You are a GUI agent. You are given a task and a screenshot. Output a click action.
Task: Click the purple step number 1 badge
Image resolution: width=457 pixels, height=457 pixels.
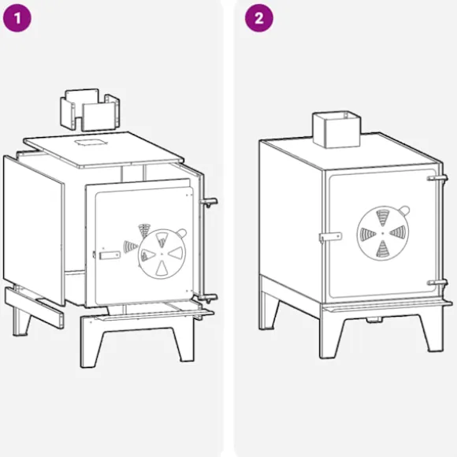[x=17, y=18]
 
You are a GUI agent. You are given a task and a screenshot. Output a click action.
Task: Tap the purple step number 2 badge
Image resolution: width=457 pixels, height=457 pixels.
[x=258, y=18]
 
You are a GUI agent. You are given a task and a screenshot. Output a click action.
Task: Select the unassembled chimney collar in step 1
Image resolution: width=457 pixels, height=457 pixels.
[x=90, y=110]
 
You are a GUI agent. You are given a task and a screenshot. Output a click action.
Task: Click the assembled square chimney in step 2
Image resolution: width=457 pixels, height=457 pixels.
[x=336, y=129]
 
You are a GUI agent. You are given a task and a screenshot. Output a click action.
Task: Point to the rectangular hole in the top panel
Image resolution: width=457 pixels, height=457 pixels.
[x=91, y=143]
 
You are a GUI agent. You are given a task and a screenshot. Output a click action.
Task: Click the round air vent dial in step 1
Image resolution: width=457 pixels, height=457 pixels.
[x=162, y=254]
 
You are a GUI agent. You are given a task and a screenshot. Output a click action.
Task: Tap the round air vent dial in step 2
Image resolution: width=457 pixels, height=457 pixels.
[x=383, y=233]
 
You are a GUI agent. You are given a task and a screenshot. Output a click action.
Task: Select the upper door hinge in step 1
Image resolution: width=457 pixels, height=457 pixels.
[x=209, y=202]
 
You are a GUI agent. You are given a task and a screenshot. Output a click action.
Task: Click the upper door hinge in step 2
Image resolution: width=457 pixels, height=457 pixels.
[x=437, y=178]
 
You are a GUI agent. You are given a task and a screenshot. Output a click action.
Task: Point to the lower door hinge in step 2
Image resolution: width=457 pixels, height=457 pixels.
[x=437, y=282]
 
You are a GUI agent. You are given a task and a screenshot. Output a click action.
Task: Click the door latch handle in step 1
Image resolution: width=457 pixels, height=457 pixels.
[x=110, y=255]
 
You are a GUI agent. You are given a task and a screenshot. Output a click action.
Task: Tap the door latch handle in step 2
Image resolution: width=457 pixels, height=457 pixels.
[x=330, y=236]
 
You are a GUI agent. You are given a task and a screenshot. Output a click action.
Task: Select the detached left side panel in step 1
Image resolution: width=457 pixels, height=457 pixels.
[x=34, y=230]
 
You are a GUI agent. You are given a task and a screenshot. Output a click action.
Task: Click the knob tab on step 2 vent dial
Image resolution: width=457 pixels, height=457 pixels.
[x=404, y=210]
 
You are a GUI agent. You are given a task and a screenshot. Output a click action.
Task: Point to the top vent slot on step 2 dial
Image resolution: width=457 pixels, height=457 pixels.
[x=383, y=217]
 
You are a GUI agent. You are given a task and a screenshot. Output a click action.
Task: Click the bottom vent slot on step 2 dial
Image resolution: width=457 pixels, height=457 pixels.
[x=382, y=250]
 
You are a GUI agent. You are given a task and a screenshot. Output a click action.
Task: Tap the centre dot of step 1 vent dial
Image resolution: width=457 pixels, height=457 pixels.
[x=162, y=254]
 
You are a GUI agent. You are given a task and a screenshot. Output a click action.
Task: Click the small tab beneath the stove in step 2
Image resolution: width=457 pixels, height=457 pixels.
[x=374, y=320]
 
